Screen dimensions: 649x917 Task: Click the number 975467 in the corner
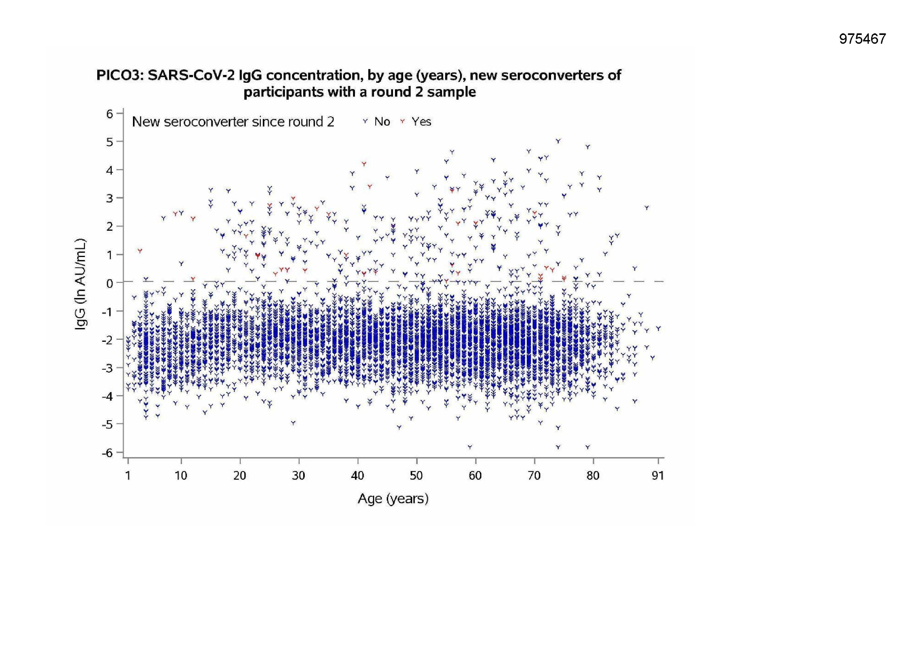(862, 39)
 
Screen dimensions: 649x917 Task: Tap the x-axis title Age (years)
(393, 499)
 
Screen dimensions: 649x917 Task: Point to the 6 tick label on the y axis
(109, 114)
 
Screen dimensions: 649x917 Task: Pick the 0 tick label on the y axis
(109, 283)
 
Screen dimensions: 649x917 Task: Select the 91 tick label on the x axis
(658, 476)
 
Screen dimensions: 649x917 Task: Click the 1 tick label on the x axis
(128, 476)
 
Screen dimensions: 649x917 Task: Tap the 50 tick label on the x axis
(416, 476)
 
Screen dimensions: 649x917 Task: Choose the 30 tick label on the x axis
(298, 476)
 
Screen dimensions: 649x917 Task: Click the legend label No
(382, 122)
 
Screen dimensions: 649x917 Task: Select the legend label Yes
(421, 122)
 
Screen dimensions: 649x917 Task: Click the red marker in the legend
(402, 121)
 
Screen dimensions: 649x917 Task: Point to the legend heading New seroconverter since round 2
(233, 122)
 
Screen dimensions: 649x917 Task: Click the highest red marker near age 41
(364, 164)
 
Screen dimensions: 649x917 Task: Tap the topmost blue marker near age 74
(559, 141)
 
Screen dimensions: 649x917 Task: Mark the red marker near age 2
(140, 251)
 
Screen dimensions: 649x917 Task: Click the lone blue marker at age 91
(658, 328)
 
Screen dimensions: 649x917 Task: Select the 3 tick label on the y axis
(109, 198)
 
